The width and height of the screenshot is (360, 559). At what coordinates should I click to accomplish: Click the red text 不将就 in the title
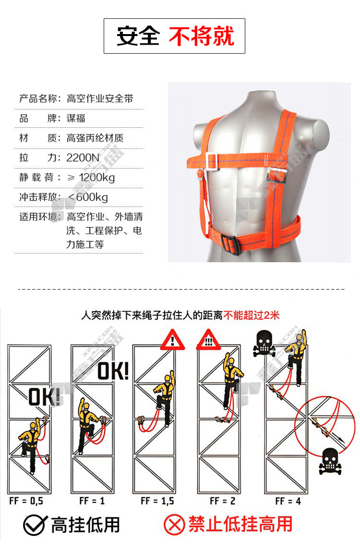tap(202, 36)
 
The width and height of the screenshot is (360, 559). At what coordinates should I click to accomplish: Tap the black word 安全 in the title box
tap(138, 36)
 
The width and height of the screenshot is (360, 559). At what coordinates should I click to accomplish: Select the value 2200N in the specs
tap(83, 158)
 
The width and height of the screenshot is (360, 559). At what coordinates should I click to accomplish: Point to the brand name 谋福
tap(76, 118)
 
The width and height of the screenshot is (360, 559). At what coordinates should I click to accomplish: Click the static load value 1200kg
tap(96, 177)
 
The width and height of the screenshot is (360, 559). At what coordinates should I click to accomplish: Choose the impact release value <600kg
tap(88, 197)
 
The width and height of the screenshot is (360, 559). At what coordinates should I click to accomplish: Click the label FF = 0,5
tap(26, 501)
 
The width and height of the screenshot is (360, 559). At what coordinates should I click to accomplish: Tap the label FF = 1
tap(92, 501)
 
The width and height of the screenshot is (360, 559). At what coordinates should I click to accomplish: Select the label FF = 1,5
tap(157, 501)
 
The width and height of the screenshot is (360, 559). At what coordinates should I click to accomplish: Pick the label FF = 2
tap(222, 501)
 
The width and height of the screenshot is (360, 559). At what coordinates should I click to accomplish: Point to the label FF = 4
tap(288, 501)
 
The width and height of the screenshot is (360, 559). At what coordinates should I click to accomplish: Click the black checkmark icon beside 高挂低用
tap(35, 525)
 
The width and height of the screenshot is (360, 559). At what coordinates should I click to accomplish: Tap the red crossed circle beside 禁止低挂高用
tap(174, 525)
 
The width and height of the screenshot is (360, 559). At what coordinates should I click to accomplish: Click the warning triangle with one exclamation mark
tap(172, 340)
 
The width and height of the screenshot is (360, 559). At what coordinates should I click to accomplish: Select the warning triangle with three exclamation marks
tap(209, 340)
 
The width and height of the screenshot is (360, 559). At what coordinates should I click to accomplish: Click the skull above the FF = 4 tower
tap(264, 343)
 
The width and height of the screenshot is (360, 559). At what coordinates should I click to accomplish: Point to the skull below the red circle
tap(330, 461)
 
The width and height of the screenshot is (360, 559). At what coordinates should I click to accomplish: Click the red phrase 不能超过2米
tap(252, 315)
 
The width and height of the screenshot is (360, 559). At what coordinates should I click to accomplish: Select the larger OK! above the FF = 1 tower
tap(113, 371)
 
